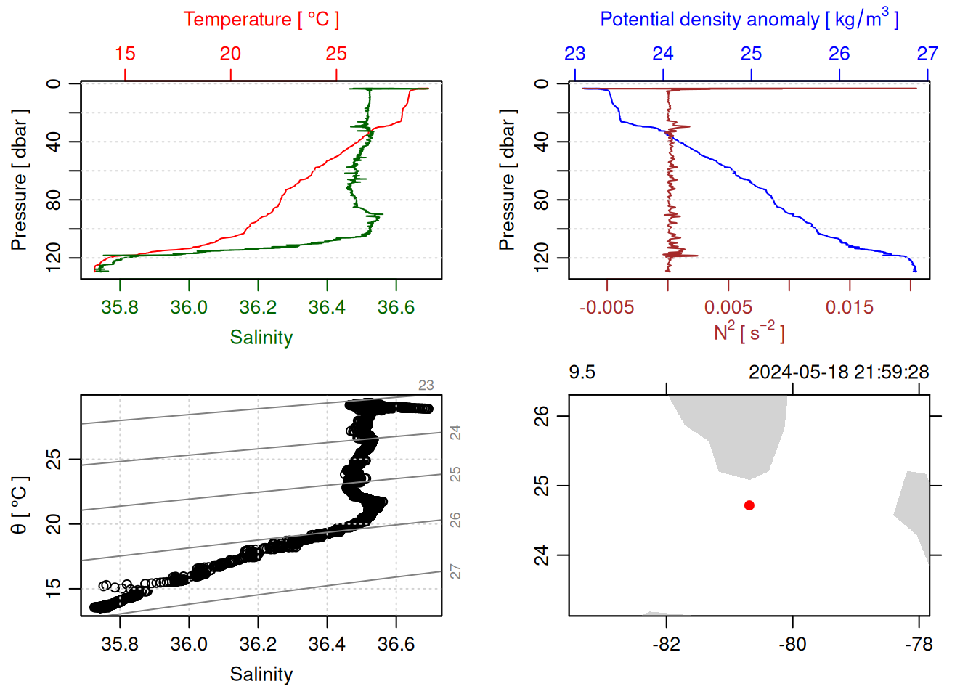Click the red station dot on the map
click(749, 505)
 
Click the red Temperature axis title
click(261, 20)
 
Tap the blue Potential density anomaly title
click(749, 19)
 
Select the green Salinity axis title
click(261, 338)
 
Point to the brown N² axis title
click(749, 333)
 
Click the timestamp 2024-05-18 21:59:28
click(839, 372)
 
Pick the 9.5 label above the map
click(582, 372)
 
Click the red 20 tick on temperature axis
click(230, 54)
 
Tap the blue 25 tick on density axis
click(751, 54)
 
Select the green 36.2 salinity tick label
click(258, 307)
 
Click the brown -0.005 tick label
click(607, 307)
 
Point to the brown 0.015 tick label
click(850, 307)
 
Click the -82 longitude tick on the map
click(666, 644)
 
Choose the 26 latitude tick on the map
click(542, 416)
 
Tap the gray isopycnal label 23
click(426, 386)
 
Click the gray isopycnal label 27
click(455, 571)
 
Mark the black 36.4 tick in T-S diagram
click(327, 644)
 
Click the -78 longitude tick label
click(919, 644)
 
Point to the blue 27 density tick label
click(927, 54)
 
